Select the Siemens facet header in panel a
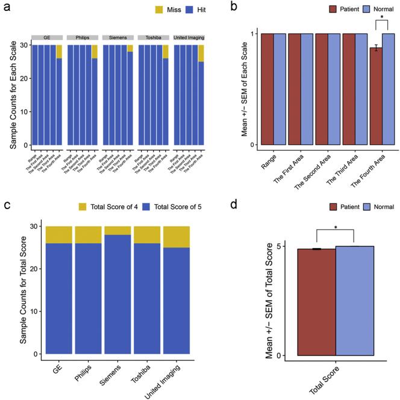click(x=118, y=37)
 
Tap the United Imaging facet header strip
click(x=189, y=37)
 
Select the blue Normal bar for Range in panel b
click(x=280, y=89)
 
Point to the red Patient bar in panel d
click(x=316, y=301)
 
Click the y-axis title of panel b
click(x=247, y=89)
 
